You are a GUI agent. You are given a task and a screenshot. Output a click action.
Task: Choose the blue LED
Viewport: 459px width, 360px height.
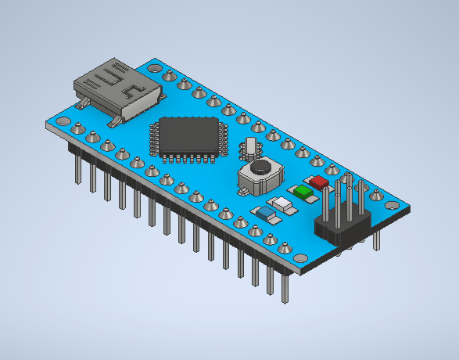tap(266, 213)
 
